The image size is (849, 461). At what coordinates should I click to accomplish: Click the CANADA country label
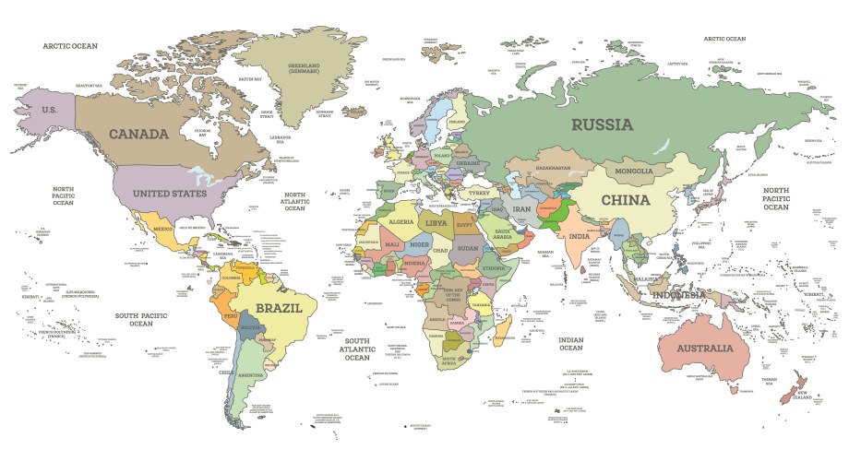(x=138, y=134)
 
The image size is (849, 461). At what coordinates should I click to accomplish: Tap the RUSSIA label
(x=602, y=124)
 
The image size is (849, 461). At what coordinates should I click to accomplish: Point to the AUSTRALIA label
(x=704, y=349)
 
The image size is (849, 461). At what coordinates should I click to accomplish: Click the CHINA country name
(x=626, y=199)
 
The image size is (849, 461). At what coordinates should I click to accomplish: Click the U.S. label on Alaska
(x=50, y=109)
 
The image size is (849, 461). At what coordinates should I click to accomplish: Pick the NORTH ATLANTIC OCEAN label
(x=294, y=202)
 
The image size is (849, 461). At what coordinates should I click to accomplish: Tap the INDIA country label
(x=579, y=236)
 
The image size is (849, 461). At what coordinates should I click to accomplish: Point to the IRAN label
(x=522, y=209)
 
